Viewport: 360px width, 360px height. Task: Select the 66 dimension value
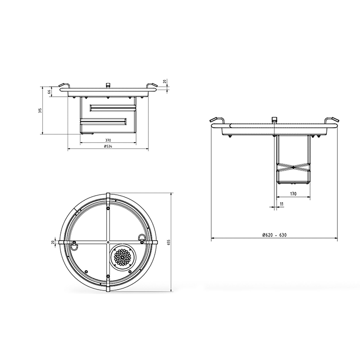pyautogui.click(x=49, y=92)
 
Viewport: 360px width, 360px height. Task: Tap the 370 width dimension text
pyautogui.click(x=108, y=140)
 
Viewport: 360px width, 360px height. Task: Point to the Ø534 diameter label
pyautogui.click(x=108, y=147)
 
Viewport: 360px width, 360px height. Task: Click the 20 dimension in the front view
pyautogui.click(x=164, y=82)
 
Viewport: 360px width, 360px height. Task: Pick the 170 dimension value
pyautogui.click(x=293, y=194)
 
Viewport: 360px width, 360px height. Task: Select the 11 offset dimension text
pyautogui.click(x=282, y=204)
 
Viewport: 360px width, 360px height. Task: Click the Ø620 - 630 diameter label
pyautogui.click(x=274, y=235)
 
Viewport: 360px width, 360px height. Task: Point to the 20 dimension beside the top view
pyautogui.click(x=53, y=242)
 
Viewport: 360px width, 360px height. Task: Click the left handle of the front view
pyautogui.click(x=63, y=86)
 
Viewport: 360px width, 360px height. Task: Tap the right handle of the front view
pyautogui.click(x=152, y=86)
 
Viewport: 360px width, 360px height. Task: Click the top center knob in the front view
pyautogui.click(x=108, y=85)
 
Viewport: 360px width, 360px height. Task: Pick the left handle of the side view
pyautogui.click(x=217, y=121)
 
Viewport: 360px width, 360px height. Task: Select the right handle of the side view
pyautogui.click(x=331, y=120)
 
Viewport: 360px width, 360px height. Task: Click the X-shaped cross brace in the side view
pyautogui.click(x=293, y=167)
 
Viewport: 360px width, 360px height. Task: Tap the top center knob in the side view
pyautogui.click(x=274, y=120)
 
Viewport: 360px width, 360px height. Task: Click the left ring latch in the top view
pyautogui.click(x=73, y=247)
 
